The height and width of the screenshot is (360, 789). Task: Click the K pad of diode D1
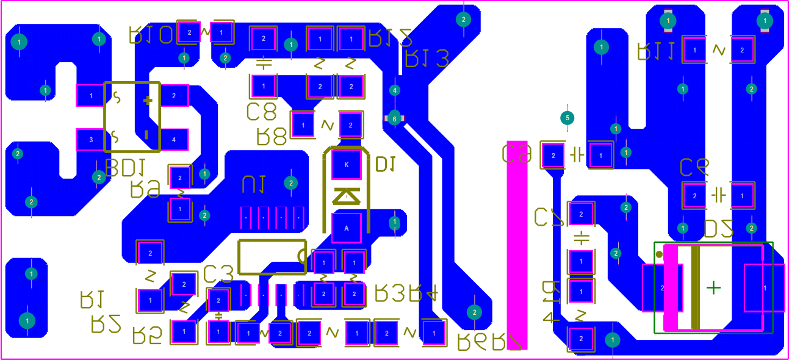347,165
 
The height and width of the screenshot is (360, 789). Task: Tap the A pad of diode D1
347,228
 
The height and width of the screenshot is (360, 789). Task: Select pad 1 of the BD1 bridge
91,95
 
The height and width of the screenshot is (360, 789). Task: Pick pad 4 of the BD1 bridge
174,140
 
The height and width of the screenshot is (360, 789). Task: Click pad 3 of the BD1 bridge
91,140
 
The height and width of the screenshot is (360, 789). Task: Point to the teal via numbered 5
567,117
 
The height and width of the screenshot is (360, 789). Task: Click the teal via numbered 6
394,118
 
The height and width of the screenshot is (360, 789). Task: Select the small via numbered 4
395,90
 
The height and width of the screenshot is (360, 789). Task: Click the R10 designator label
151,35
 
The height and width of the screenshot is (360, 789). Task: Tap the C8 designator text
261,112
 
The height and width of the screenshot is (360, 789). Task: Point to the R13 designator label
427,59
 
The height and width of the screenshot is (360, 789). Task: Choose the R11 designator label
655,51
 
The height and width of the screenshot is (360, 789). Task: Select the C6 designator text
694,166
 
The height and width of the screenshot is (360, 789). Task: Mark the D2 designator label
718,229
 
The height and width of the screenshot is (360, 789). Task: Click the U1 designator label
253,184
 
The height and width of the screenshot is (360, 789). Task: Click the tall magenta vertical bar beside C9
517,244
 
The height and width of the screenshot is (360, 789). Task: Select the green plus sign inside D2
713,287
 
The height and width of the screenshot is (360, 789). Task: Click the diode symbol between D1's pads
346,196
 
